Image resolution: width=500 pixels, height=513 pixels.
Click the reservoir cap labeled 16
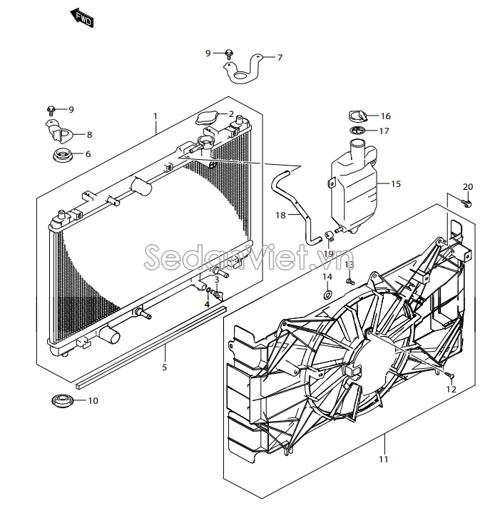coord(355,116)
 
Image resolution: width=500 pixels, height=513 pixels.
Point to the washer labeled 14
coord(327,293)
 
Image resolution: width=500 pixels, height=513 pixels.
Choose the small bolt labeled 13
coord(350,281)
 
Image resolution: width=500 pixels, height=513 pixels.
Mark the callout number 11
coord(384,459)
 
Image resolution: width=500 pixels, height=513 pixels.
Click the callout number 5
coord(164,367)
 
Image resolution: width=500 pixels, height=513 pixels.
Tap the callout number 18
coord(280,215)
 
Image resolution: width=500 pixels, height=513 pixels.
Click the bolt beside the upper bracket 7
coord(228,53)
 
